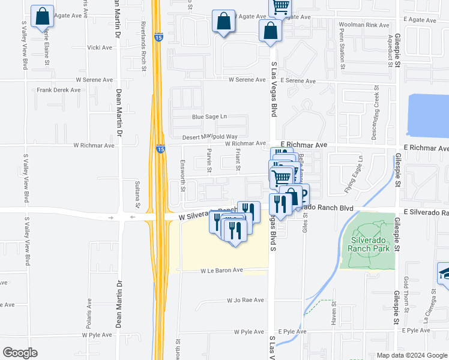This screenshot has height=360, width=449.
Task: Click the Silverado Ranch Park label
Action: (x=367, y=243)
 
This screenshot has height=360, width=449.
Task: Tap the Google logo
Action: (x=20, y=352)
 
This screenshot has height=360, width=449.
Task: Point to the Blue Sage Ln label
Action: (x=209, y=116)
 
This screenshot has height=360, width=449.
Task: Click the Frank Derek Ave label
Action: (x=58, y=90)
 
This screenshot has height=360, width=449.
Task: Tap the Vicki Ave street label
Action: (x=100, y=47)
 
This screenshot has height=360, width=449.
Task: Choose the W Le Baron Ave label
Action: (x=221, y=271)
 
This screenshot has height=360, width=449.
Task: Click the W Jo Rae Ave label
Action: (x=245, y=300)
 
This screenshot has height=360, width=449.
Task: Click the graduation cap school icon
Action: (x=444, y=273)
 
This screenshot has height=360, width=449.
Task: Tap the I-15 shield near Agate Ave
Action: (x=158, y=37)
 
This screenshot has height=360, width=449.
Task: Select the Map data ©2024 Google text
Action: (x=412, y=355)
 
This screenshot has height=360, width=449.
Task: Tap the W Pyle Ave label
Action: (x=249, y=332)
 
